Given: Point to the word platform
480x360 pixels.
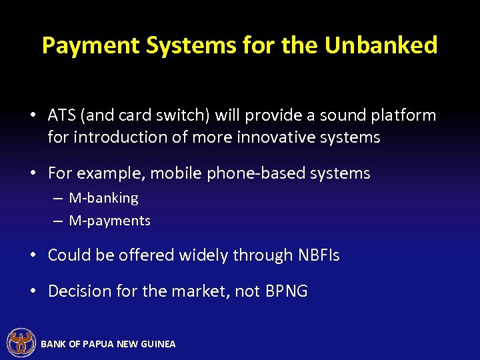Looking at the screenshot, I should [x=401, y=115].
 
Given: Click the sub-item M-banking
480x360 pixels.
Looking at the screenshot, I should [x=103, y=198].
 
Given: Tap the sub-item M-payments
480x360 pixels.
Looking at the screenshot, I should [x=109, y=221].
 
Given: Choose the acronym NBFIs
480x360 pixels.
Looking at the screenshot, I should [x=318, y=255].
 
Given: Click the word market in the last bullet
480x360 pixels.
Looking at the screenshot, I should [x=200, y=291].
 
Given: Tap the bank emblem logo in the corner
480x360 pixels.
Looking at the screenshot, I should [x=21, y=343].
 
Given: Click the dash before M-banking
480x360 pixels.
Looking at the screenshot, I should [x=58, y=199].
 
